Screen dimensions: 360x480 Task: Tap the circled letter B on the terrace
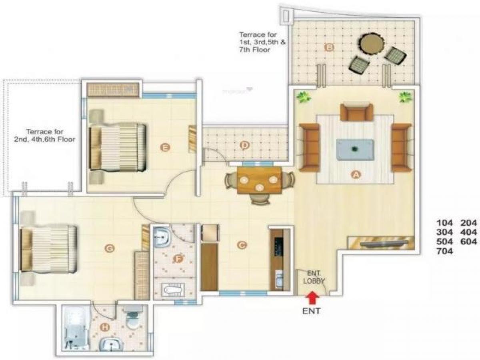(329, 48)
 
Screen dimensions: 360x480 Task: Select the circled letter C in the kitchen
(241, 245)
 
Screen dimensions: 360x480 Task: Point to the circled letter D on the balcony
(244, 145)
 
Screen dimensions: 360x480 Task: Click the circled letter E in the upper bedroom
(164, 148)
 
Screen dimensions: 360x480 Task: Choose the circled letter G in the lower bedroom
(109, 249)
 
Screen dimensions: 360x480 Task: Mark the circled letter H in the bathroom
(105, 328)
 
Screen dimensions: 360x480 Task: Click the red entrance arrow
(313, 298)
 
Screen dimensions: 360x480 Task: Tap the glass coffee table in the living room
(355, 150)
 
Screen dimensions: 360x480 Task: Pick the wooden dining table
(259, 180)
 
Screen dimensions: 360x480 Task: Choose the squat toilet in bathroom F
(174, 288)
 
